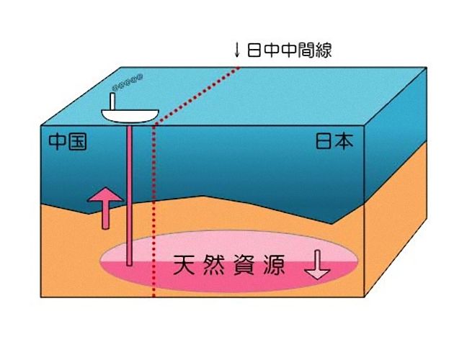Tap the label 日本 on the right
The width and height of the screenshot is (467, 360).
click(335, 142)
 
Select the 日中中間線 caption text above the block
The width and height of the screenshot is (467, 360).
click(288, 50)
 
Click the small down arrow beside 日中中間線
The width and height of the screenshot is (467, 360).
click(236, 50)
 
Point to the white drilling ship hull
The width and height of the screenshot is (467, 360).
click(130, 114)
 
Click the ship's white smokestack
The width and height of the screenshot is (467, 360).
click(113, 99)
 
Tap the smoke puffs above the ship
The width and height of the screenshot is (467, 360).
click(130, 79)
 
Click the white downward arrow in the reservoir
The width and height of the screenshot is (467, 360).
click(317, 267)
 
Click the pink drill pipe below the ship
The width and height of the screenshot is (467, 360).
click(129, 187)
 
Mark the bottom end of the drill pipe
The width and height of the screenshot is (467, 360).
click(129, 263)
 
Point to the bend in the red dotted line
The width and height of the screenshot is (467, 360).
click(154, 127)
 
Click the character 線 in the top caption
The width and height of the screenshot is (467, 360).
click(321, 50)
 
